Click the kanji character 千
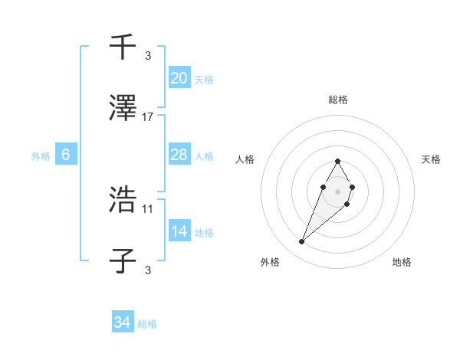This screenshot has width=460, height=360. point(123,47)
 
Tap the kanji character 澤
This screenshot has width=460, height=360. point(123,110)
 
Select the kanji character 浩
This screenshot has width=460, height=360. point(123,200)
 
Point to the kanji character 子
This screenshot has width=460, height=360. point(123,261)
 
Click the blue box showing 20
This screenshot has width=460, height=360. point(179,77)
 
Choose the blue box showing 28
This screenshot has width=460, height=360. point(179,155)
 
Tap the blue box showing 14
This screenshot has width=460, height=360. point(179,231)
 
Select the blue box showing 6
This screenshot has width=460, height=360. point(66,155)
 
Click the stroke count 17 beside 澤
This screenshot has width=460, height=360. point(148,117)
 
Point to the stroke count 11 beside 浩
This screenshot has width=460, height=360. point(148,208)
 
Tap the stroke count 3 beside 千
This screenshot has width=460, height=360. point(148,55)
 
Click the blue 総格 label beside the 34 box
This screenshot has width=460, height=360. point(147,324)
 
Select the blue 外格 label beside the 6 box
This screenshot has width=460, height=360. point(41,156)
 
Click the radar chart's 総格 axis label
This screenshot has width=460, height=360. point(337,100)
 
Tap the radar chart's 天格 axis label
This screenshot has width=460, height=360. point(431,159)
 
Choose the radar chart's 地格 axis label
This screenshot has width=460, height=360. point(402,262)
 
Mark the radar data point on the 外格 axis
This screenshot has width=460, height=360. point(302,242)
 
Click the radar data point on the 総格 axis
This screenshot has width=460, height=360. point(337,161)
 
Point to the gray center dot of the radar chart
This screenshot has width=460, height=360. point(337,190)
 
